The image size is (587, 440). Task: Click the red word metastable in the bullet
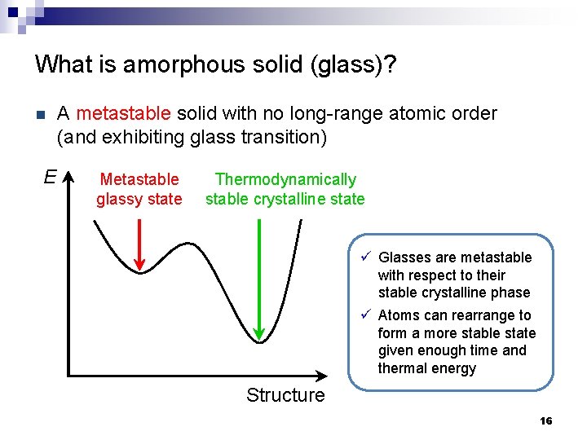tap(123, 113)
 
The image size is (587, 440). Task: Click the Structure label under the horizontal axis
tap(285, 396)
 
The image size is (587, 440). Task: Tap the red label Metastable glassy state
tap(139, 189)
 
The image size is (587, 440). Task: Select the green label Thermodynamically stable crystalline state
tap(285, 189)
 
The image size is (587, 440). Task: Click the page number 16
tap(545, 421)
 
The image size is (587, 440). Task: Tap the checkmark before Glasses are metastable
tap(366, 257)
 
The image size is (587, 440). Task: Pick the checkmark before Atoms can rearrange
tap(366, 315)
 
